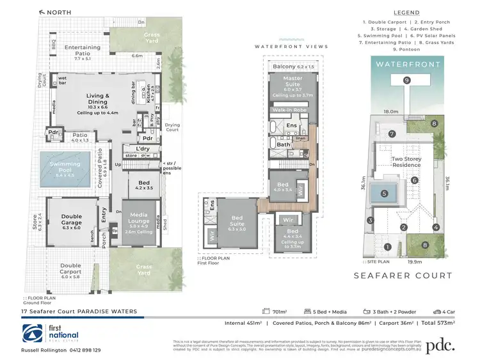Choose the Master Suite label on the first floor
[x=292, y=82]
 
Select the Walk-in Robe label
[x=292, y=111]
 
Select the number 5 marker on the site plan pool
[x=384, y=193]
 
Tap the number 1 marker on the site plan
[x=387, y=247]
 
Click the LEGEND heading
[x=406, y=13]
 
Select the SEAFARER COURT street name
[x=403, y=276]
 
